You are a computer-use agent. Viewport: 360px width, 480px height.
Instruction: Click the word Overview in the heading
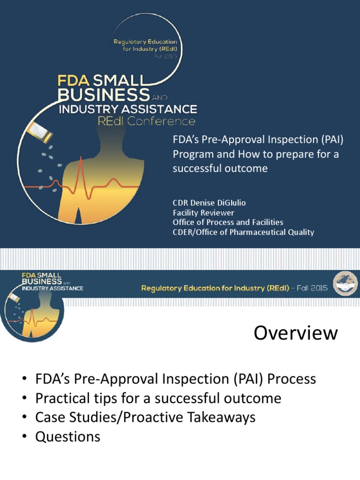point(295,333)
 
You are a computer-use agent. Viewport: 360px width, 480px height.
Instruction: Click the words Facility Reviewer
point(203,212)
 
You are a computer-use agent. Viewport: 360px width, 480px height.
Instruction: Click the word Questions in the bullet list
point(67,437)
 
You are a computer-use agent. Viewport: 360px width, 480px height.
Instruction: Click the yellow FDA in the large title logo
point(72,79)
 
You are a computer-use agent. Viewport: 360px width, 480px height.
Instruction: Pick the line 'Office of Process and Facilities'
point(228,222)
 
